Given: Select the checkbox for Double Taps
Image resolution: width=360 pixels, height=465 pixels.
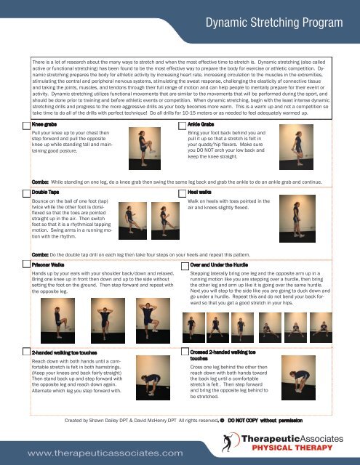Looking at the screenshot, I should click(x=26, y=189).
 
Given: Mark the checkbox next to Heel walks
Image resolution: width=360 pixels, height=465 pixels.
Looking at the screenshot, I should click(x=182, y=189).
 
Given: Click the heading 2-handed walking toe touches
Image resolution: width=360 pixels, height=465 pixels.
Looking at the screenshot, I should click(x=69, y=351).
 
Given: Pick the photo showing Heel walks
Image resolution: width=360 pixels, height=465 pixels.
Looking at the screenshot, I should click(x=313, y=211).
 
